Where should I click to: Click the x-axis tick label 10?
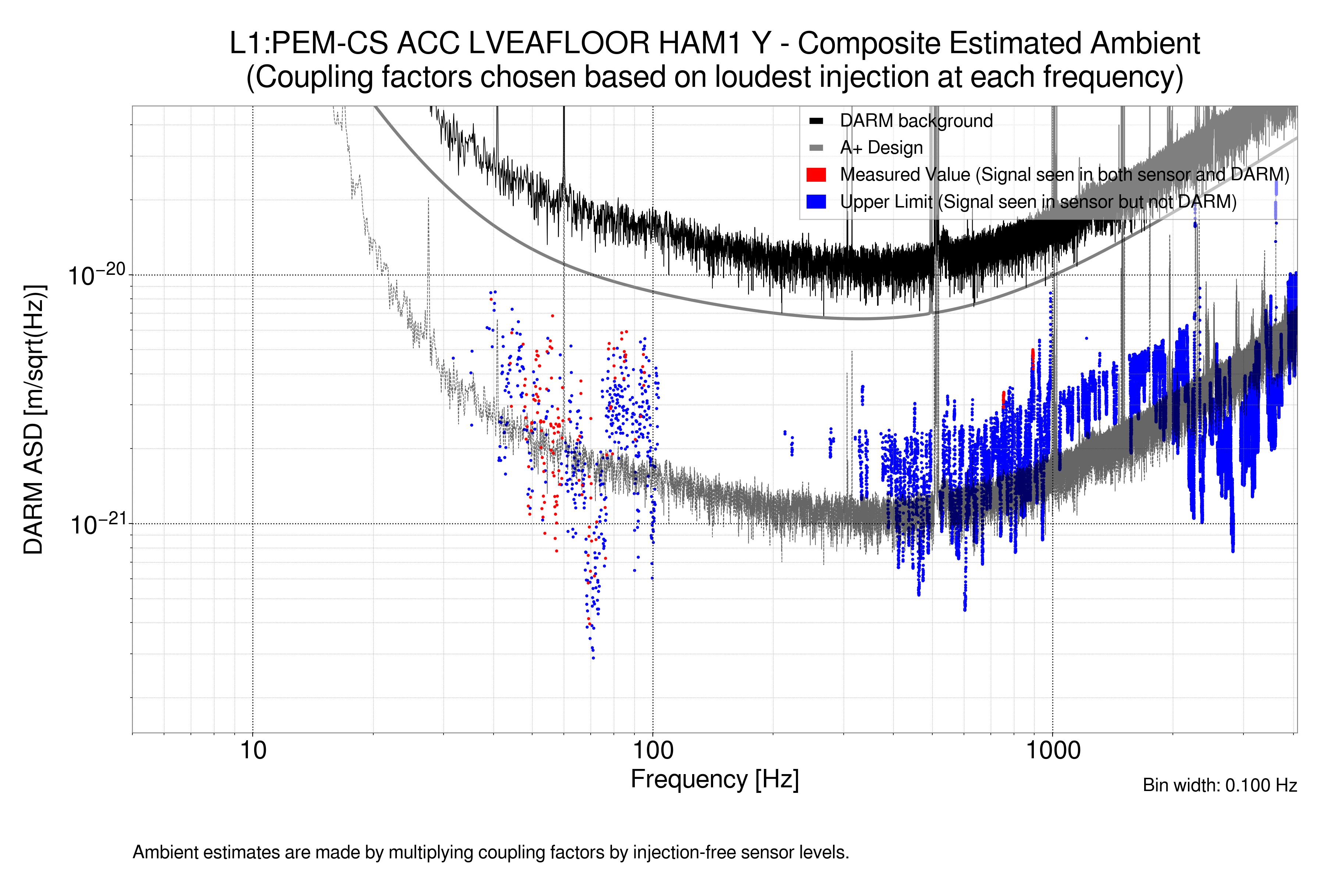coord(253,751)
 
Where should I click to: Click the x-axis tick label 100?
coord(653,751)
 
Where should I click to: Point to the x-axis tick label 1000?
coord(1053,751)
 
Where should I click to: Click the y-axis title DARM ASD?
coord(34,419)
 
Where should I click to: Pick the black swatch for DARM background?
coord(816,121)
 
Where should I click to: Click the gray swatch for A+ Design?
coord(816,148)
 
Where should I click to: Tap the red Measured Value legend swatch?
coord(816,175)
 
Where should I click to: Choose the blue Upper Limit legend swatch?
coord(816,202)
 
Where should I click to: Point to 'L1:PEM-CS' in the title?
coord(309,43)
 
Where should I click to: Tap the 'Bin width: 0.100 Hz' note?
coord(1219,786)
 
